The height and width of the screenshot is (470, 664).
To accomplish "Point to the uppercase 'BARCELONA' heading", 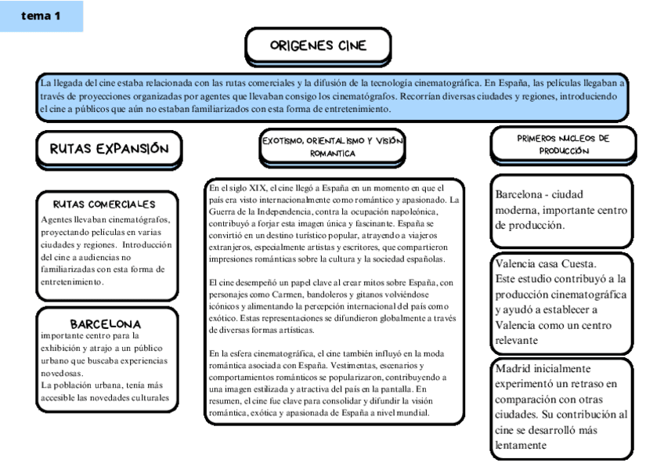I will (106, 323).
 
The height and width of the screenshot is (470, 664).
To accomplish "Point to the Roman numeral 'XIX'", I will (254, 188).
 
